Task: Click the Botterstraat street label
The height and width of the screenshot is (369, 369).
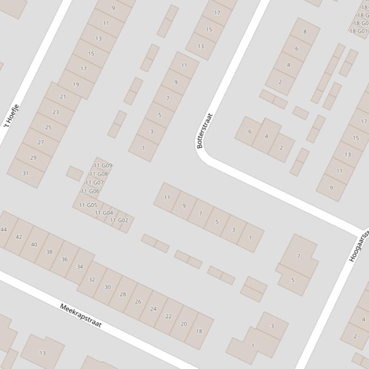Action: point(204,131)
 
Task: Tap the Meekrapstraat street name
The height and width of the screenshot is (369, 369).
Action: point(81,315)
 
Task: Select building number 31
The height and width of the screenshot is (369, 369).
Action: point(25,173)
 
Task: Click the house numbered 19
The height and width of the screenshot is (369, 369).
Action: point(76,84)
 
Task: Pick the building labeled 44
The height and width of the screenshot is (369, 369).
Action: point(4,230)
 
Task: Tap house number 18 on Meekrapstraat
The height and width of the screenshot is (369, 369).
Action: point(199,331)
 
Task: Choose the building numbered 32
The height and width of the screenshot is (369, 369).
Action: point(92,279)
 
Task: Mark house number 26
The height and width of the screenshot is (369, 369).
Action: point(138,301)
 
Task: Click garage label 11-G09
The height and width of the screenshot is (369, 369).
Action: point(103,166)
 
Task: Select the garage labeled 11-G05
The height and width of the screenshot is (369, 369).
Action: point(88,205)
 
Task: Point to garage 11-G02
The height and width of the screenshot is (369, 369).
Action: point(119,220)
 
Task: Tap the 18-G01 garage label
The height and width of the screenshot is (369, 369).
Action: point(358,31)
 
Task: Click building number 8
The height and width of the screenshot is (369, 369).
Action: point(305,32)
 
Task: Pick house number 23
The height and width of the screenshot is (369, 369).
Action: point(56,112)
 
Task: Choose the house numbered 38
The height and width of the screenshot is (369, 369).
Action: point(49,252)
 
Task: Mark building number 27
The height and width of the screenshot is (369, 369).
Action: point(41,142)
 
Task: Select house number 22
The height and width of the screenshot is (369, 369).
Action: point(168,316)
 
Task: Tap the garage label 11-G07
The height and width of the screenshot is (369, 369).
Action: point(95,183)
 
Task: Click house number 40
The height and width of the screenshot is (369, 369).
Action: point(34,244)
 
